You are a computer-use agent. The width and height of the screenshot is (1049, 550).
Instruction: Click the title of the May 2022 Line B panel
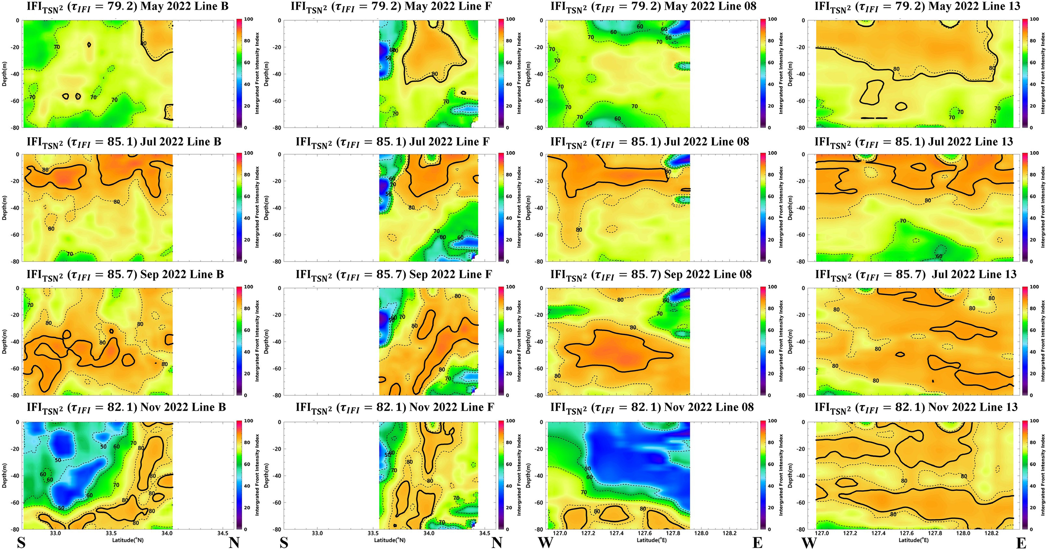(128, 7)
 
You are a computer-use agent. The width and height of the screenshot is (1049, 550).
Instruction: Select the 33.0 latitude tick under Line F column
(317, 534)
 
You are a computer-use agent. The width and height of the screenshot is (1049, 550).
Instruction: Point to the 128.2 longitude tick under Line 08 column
(730, 534)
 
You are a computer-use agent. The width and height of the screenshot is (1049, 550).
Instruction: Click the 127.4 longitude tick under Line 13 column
(878, 534)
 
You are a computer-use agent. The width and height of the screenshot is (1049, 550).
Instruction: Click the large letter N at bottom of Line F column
(497, 543)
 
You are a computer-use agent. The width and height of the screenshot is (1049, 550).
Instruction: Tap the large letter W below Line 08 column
(545, 543)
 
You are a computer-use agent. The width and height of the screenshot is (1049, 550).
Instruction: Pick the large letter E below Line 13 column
(1021, 543)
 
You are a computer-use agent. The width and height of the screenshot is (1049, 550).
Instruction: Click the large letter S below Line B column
(21, 543)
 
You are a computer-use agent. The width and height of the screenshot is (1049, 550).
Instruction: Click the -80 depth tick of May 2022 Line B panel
(15, 128)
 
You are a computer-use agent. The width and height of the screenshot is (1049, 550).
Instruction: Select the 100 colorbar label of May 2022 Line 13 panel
(1035, 19)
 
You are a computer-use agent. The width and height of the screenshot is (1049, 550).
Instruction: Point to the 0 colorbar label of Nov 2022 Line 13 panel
(1032, 529)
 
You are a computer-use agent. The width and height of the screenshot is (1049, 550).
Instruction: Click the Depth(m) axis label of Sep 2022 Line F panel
(266, 341)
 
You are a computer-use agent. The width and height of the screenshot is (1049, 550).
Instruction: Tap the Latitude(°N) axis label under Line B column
(128, 540)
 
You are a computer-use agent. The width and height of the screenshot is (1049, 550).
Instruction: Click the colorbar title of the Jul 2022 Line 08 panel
(781, 207)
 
